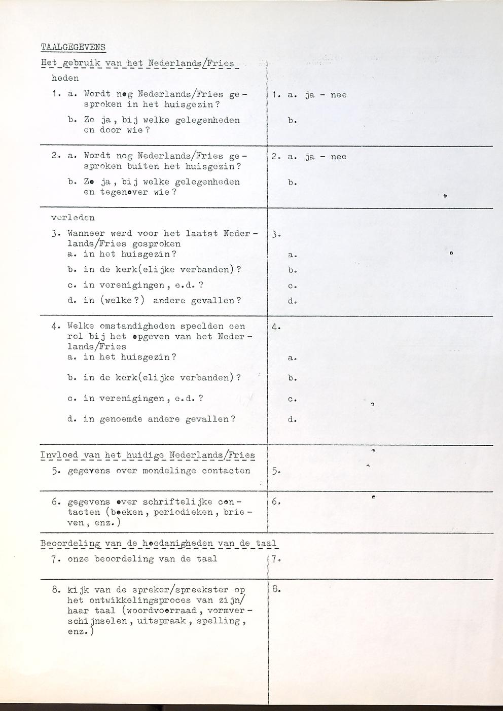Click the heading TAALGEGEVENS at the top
tap(73, 47)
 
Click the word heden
tap(65, 78)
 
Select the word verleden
tap(73, 218)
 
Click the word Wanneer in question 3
tap(87, 234)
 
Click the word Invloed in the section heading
tap(58, 455)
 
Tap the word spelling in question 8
tap(226, 621)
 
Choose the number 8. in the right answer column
tap(276, 590)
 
